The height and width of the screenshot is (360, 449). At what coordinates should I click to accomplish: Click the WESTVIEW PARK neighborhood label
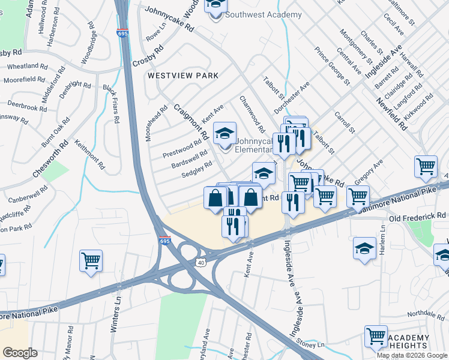(x=183, y=76)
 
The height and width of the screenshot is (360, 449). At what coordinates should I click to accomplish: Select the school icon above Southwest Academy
(x=215, y=5)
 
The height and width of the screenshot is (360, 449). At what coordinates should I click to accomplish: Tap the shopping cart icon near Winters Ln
(x=91, y=261)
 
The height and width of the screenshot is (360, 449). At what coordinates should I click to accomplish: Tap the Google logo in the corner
(x=20, y=353)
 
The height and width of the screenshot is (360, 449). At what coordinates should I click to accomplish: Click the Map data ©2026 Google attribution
(x=412, y=355)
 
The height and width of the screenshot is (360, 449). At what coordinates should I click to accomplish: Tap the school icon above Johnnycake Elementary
(x=225, y=133)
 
